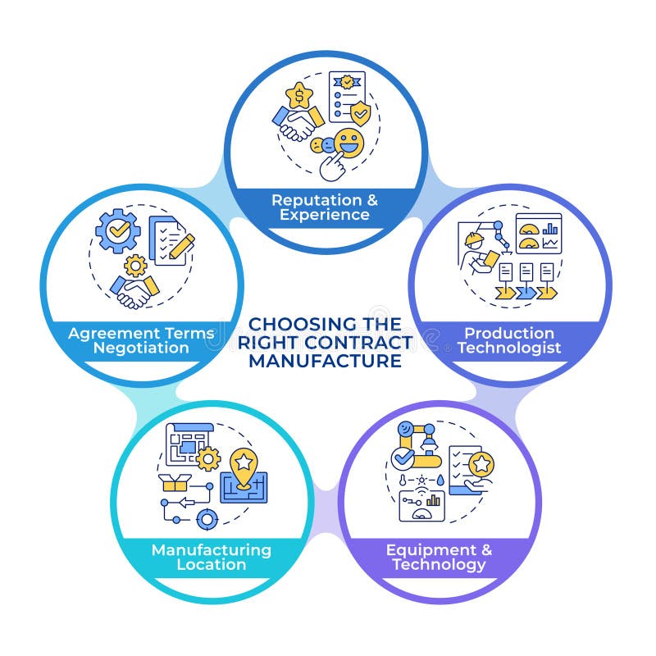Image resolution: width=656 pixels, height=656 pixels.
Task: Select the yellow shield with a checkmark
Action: coord(360,113)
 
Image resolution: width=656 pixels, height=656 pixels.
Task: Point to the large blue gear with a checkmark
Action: coord(118,230)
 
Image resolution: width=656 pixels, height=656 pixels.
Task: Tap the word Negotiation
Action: coord(141,348)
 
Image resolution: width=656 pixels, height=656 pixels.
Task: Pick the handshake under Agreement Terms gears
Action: coord(134,289)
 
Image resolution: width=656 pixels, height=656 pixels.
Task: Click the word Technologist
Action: coord(509,348)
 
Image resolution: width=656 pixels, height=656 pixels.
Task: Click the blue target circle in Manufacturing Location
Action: coord(207,519)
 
